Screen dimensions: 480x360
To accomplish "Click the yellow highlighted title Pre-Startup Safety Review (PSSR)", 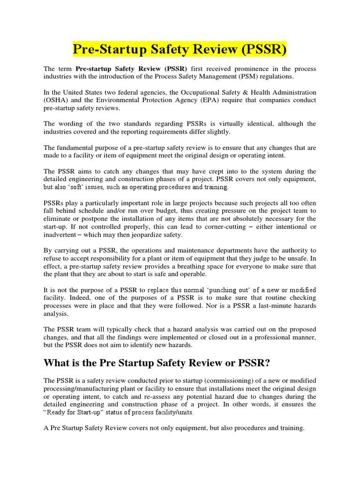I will click(x=180, y=49).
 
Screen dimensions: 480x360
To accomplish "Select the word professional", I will click(x=273, y=337).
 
